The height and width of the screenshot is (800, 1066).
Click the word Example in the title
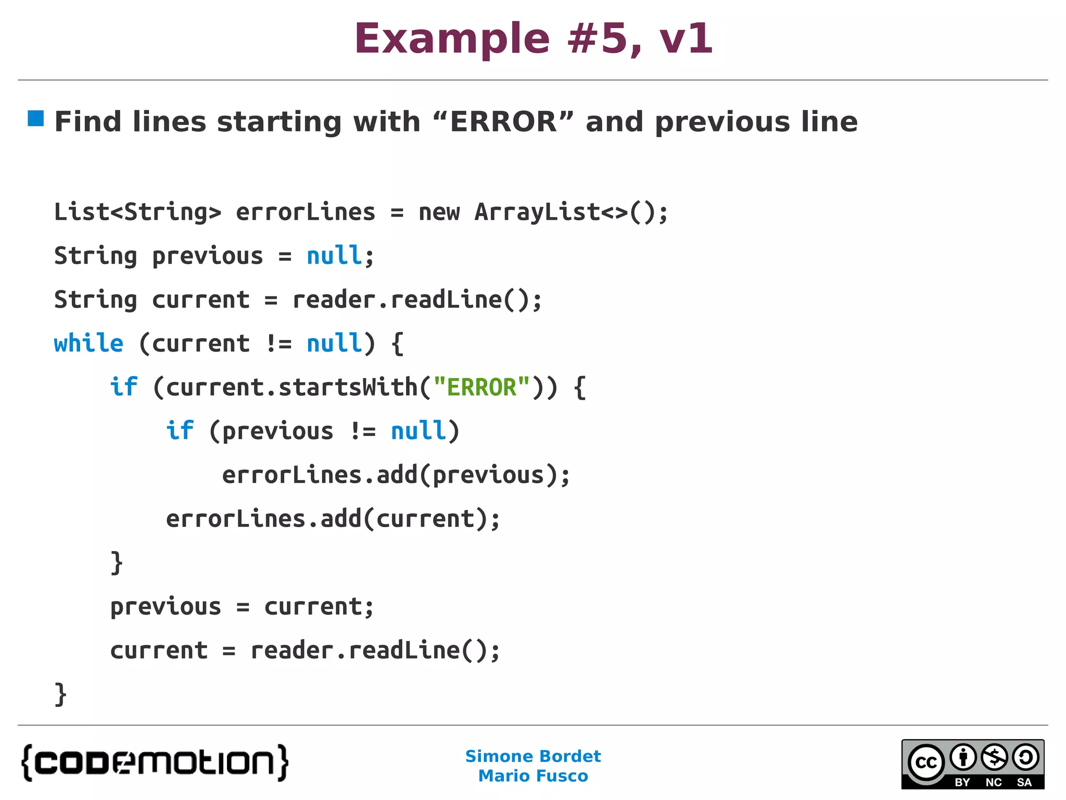[452, 40]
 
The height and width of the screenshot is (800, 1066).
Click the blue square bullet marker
[36, 118]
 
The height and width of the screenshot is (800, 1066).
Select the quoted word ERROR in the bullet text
[503, 122]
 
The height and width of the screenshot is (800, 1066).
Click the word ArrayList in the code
[537, 212]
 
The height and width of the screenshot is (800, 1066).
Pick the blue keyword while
[88, 343]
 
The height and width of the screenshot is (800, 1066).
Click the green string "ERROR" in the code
[481, 387]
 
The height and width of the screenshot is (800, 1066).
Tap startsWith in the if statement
[348, 387]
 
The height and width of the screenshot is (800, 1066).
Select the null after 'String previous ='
[334, 256]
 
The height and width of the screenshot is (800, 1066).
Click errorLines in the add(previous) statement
[291, 475]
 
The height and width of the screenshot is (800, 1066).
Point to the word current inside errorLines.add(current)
[425, 519]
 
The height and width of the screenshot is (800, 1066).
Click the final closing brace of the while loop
[60, 694]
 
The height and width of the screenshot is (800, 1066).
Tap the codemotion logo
[155, 762]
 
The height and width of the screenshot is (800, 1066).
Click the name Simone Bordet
[533, 756]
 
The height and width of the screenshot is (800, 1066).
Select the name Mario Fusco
[533, 776]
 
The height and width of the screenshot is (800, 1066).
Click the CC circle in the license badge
[926, 762]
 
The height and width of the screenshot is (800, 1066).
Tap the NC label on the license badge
[994, 782]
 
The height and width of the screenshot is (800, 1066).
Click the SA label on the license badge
[1024, 782]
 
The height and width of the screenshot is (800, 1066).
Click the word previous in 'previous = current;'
[166, 607]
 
